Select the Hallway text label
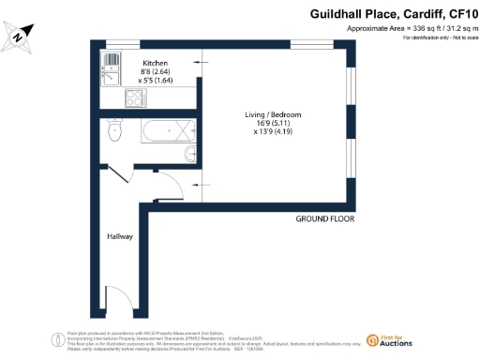pyautogui.click(x=119, y=237)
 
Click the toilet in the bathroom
pyautogui.click(x=114, y=130)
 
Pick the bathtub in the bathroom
pyautogui.click(x=168, y=130)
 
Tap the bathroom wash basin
pyautogui.click(x=190, y=153)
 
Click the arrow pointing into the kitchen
pyautogui.click(x=198, y=60)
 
